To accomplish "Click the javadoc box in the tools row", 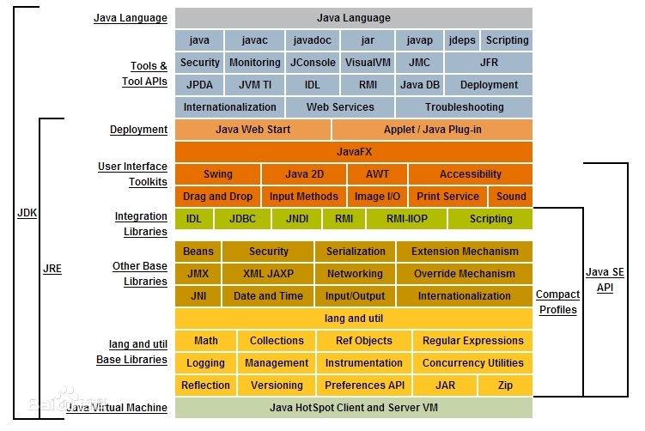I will (x=313, y=40).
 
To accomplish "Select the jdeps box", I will (x=463, y=40).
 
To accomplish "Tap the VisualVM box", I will (x=368, y=63).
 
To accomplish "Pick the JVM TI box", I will (x=254, y=85).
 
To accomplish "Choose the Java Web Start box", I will (x=253, y=130).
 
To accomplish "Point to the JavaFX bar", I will (x=354, y=152).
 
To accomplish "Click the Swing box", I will (x=217, y=174).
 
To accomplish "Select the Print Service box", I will (x=448, y=197).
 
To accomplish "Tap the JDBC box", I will (x=243, y=219).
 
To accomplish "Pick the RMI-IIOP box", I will (x=407, y=219).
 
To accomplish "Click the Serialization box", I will (x=356, y=252).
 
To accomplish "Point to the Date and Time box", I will (x=268, y=296).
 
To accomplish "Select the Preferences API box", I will (x=364, y=385).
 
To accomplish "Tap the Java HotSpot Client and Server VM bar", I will (x=354, y=408).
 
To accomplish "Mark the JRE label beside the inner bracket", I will (x=52, y=268).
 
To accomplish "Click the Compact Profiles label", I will (x=557, y=302).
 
